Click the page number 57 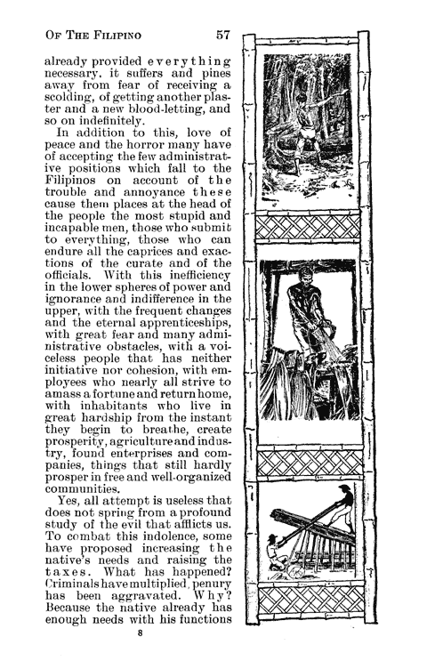[x=222, y=35]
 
